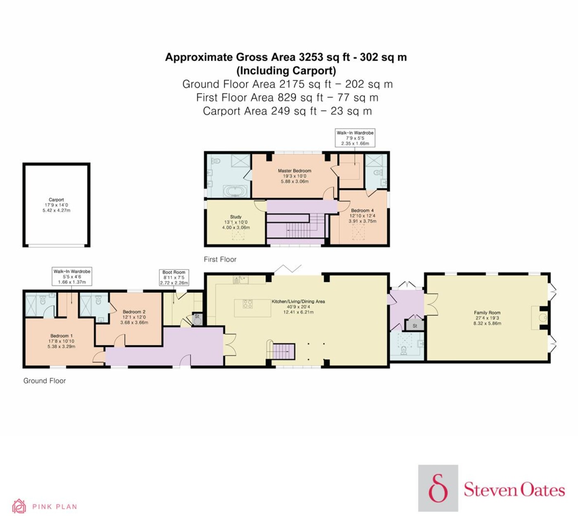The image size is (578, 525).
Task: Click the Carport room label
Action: click(x=56, y=205)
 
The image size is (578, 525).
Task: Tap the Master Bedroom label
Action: click(x=294, y=176)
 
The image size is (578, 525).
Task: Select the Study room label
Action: click(x=236, y=222)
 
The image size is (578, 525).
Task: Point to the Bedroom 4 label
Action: click(x=362, y=216)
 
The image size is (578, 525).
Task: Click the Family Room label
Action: click(x=487, y=318)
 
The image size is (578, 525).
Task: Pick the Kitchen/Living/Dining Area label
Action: click(x=298, y=306)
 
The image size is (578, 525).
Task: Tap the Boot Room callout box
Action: click(x=174, y=277)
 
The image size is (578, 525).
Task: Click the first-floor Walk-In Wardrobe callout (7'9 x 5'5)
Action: click(x=355, y=138)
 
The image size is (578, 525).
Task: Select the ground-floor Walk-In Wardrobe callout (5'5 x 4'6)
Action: click(x=72, y=277)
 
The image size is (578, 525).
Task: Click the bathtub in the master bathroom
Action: click(x=236, y=191)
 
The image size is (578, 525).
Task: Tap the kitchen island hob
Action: click(x=248, y=304)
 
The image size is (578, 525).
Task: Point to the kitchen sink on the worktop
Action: click(x=241, y=280)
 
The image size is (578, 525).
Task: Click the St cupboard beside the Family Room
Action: click(x=415, y=325)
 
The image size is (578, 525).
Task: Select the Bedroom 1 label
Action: click(x=62, y=341)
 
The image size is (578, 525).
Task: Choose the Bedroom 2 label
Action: click(x=134, y=317)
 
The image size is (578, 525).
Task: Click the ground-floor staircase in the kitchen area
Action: click(x=284, y=351)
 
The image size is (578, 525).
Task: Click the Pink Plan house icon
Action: click(x=19, y=506)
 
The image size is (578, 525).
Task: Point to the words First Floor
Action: click(x=220, y=260)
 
